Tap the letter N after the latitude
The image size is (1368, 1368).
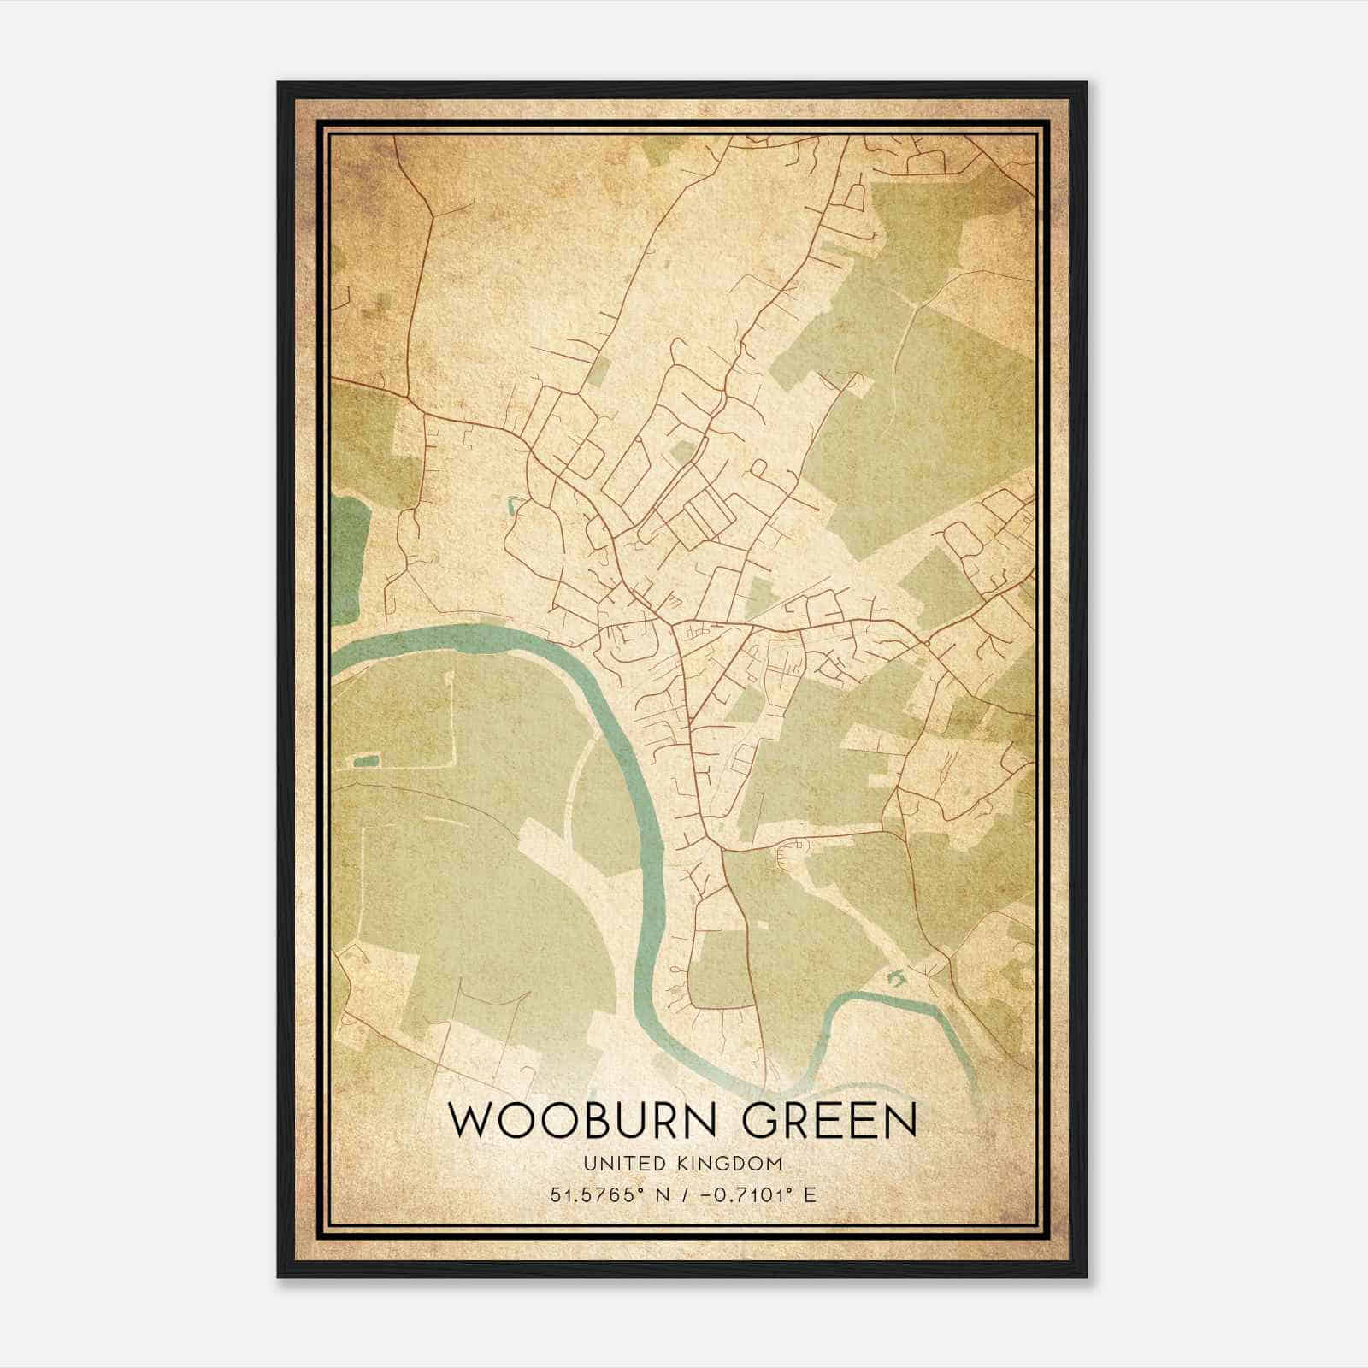click(662, 1194)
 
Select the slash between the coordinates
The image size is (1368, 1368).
click(684, 1194)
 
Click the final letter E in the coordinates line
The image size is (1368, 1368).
click(810, 1194)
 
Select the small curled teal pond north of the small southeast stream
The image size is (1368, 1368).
click(896, 976)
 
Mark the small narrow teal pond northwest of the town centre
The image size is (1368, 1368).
click(512, 506)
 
